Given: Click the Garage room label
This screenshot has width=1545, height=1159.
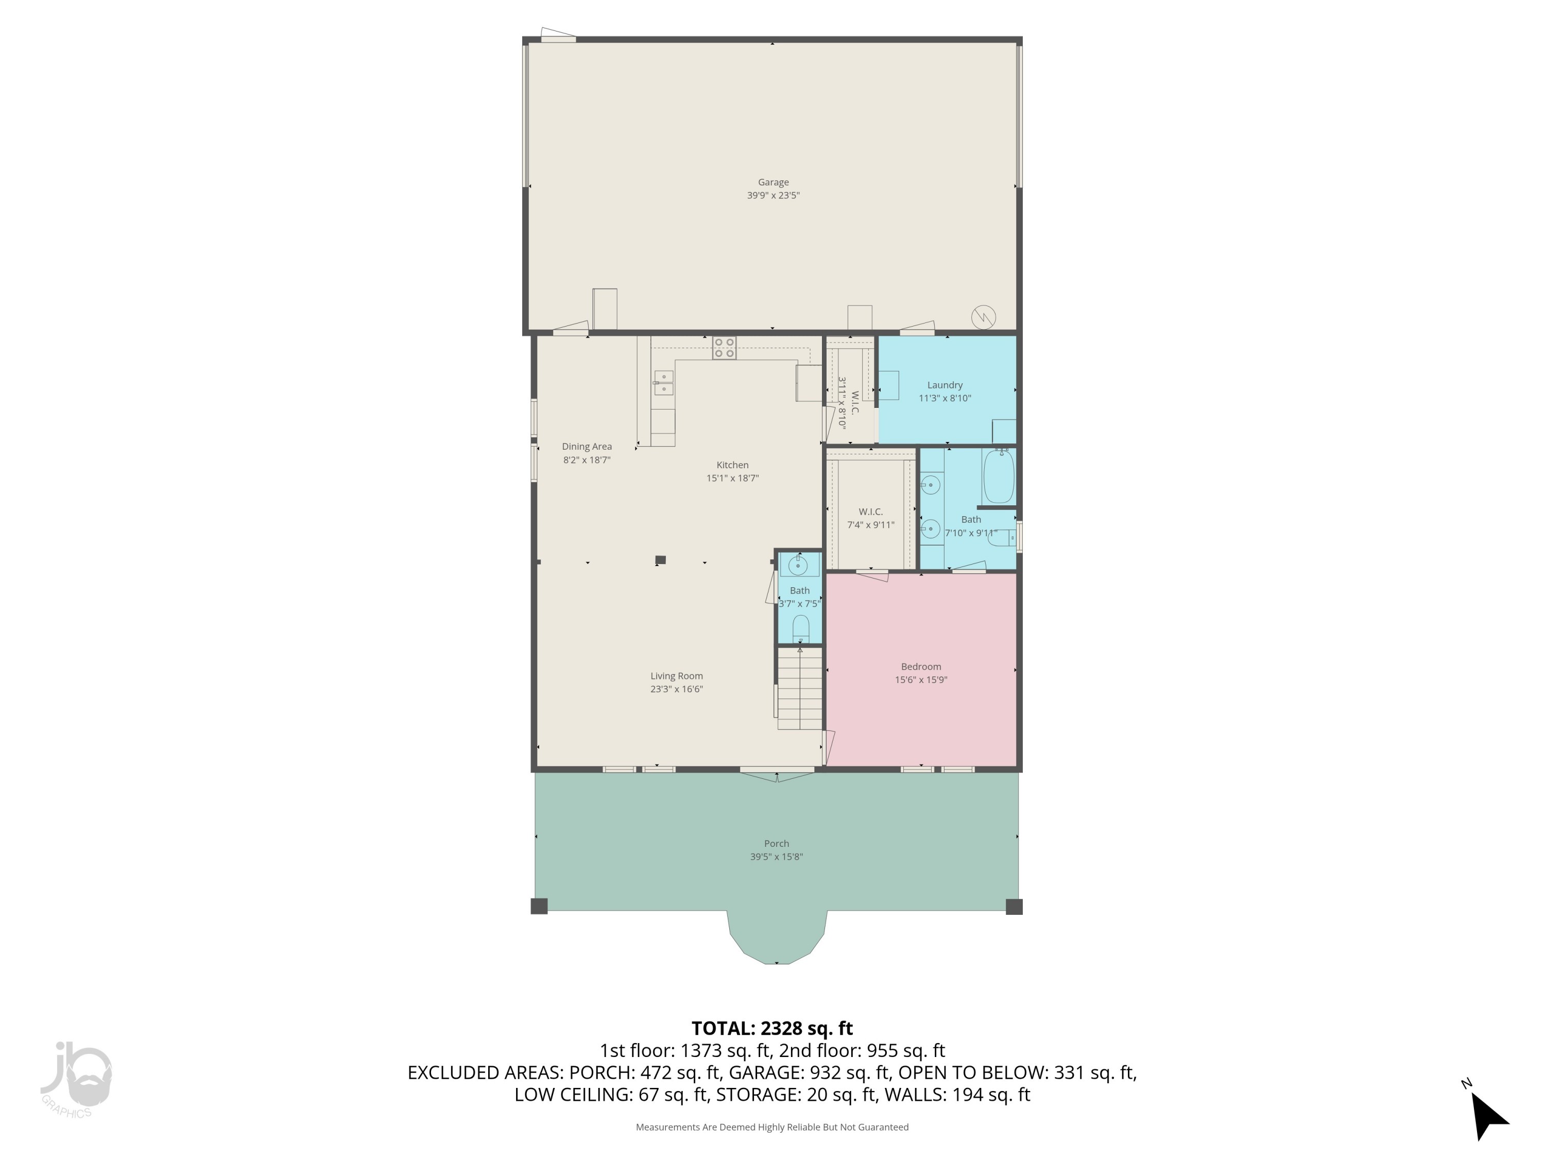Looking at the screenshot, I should pyautogui.click(x=772, y=182).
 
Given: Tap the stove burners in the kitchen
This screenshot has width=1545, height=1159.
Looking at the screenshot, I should pyautogui.click(x=724, y=348).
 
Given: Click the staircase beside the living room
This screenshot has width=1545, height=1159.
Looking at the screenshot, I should pyautogui.click(x=800, y=688).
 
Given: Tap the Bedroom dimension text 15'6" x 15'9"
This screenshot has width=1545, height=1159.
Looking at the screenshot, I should pyautogui.click(x=921, y=680).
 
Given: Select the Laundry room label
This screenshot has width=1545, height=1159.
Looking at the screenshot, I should pyautogui.click(x=945, y=385).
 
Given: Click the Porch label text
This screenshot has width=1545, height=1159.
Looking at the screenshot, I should pyautogui.click(x=776, y=843).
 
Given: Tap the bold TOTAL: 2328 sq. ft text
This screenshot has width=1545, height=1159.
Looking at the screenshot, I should pyautogui.click(x=772, y=1028).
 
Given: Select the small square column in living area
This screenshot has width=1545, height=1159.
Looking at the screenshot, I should pyautogui.click(x=660, y=559).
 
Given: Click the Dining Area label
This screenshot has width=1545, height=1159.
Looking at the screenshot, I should pyautogui.click(x=587, y=447).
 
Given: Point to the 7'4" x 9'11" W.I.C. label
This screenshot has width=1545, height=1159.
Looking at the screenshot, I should pyautogui.click(x=870, y=518).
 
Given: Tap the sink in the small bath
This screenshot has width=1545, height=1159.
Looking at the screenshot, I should pyautogui.click(x=798, y=565).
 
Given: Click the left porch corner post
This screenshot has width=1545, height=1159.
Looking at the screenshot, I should pyautogui.click(x=539, y=906).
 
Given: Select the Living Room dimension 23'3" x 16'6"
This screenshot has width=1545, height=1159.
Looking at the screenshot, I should pyautogui.click(x=676, y=689).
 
